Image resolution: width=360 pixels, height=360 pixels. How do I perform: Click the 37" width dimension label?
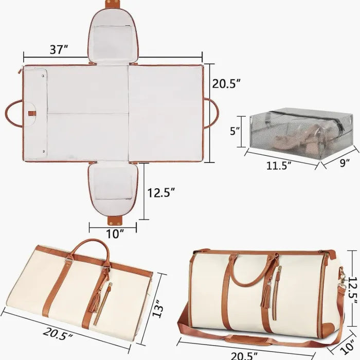click(59, 50)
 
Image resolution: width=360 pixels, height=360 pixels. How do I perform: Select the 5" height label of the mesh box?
click(235, 131)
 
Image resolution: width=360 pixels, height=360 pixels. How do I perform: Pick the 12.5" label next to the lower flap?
click(161, 193)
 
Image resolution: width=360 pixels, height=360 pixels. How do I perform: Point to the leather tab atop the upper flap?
click(114, 4)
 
